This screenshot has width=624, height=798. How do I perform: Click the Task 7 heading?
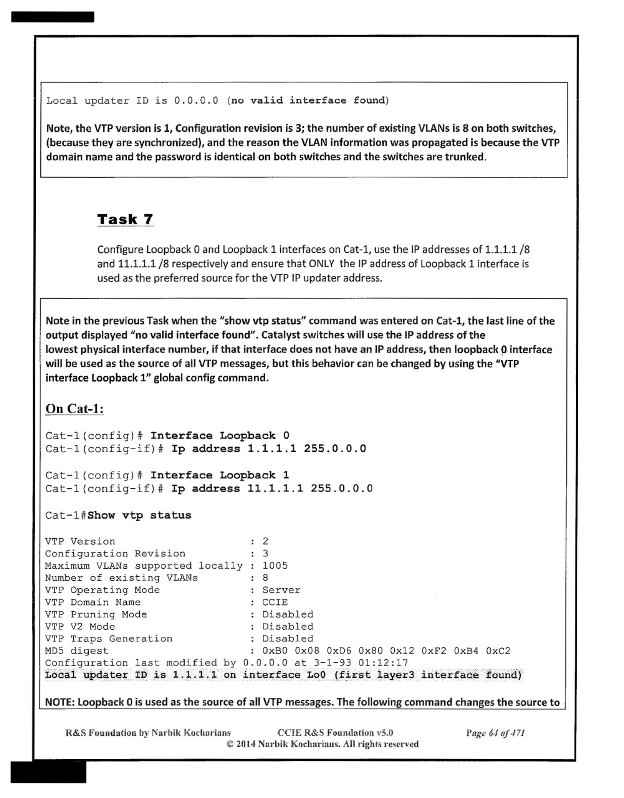(125, 219)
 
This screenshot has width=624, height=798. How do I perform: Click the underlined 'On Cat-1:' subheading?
(74, 409)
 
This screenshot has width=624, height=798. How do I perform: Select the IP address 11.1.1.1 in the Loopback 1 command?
(275, 488)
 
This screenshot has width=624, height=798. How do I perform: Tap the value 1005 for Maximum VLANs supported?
(275, 565)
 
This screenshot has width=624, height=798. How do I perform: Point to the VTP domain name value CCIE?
(275, 602)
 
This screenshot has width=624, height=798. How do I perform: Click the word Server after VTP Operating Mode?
(281, 590)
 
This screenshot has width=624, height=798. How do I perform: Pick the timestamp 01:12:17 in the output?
(383, 662)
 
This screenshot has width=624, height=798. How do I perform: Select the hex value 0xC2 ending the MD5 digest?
(498, 651)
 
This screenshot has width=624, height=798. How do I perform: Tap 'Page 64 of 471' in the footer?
(495, 733)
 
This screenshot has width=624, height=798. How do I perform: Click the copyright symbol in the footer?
(230, 744)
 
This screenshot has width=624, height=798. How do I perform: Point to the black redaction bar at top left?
(53, 17)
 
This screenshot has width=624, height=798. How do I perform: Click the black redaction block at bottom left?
(48, 771)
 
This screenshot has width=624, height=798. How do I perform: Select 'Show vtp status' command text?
(139, 515)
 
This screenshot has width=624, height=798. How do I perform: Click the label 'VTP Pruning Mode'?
(96, 614)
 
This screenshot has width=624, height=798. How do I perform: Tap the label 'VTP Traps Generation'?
(109, 638)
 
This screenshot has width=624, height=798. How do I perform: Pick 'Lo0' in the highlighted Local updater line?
(316, 675)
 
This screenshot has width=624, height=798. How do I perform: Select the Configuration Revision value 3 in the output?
(265, 553)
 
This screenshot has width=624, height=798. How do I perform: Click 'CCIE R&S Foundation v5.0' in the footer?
(335, 733)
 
